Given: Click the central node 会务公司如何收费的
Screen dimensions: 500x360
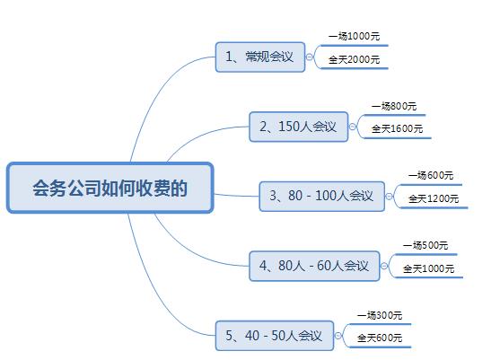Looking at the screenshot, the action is coord(110,188).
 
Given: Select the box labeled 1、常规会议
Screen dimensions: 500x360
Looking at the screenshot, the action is coord(260,57).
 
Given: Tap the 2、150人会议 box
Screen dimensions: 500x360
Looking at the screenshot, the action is coord(298,127).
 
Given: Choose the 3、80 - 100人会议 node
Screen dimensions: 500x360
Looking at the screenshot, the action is coord(322,196).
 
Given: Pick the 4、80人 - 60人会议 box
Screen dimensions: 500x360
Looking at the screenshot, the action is coord(314,266).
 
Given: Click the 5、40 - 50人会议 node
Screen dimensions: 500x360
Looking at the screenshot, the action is coord(275,336).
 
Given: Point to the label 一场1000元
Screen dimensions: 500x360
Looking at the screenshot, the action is coord(355,36).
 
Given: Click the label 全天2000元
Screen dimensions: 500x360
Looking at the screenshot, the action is coord(355,59).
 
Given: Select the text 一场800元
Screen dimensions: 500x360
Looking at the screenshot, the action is coord(394,106).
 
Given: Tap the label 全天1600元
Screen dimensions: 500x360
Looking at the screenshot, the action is coord(398,128).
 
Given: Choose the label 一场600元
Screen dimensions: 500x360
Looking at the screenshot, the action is coord(431,175).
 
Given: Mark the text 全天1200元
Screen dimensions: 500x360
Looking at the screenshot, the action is coord(434,198).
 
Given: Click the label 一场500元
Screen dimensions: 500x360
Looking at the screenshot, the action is coord(425,245).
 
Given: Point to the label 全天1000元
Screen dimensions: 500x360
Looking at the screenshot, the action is coord(429,268).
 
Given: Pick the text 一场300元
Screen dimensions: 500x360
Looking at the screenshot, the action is coord(380,315).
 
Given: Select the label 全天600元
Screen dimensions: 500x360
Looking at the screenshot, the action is coord(380,338).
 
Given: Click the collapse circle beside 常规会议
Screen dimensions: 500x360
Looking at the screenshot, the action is coord(310,57).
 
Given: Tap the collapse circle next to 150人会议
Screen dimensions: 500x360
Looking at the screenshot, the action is coord(352,127).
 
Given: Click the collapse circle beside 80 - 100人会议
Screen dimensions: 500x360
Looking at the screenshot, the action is coord(389,197).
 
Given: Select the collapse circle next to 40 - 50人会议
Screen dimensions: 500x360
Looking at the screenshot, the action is coord(338,336).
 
